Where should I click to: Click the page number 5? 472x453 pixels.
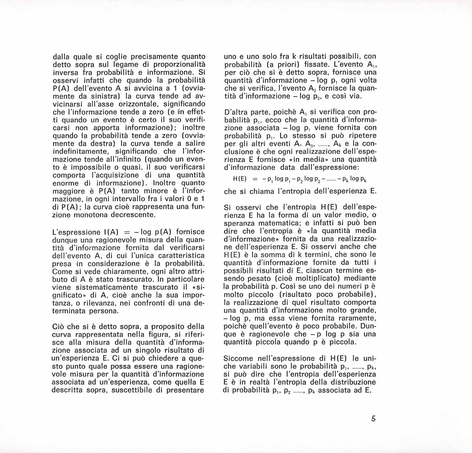tap(374, 419)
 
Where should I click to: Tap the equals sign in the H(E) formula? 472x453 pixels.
tap(255, 179)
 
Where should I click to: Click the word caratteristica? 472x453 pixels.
tap(179, 256)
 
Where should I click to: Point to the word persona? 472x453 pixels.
tap(103, 311)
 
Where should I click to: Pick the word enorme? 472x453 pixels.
tap(63, 183)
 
